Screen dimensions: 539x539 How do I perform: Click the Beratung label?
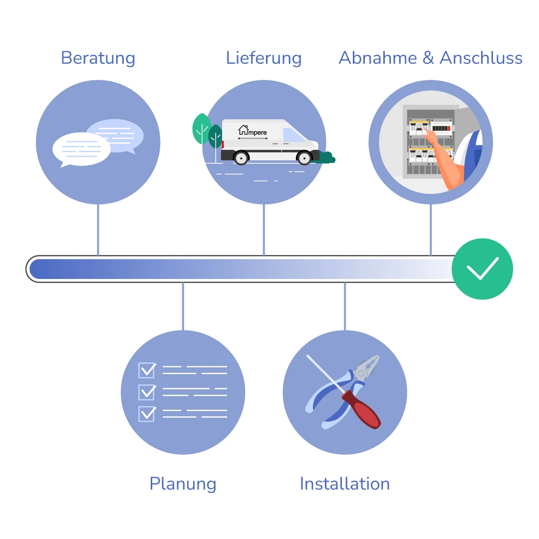98,58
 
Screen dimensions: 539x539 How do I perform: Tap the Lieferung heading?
264,58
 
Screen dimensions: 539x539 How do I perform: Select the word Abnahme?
377,58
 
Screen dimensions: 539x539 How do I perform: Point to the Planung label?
183,484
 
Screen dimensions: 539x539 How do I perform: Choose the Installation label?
344,484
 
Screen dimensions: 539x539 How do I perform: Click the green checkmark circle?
482,269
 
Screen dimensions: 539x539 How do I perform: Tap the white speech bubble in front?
81,149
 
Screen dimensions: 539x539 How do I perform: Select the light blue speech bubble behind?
120,132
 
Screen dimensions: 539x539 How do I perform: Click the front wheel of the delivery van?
304,158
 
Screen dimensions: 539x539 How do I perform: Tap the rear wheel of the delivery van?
241,158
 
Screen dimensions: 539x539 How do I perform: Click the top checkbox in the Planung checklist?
147,370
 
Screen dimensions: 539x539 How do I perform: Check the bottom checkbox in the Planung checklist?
147,414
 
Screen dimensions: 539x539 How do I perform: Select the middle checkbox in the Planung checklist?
147,392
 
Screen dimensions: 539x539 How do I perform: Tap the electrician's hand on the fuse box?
433,140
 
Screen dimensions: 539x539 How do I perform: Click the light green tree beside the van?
202,128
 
